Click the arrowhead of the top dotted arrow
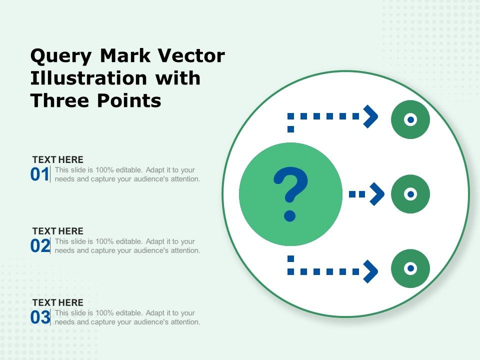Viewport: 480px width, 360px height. point(370,116)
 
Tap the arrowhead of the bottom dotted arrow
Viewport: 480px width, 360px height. point(370,271)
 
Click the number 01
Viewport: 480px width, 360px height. point(39,175)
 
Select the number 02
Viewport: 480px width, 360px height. point(39,246)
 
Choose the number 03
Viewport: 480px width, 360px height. point(39,318)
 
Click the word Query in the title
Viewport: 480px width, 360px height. point(62,56)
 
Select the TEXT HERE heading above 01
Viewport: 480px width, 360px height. point(57,160)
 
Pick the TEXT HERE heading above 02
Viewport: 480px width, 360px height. point(57,231)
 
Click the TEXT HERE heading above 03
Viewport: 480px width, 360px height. point(57,303)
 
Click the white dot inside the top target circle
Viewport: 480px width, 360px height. point(410,120)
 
